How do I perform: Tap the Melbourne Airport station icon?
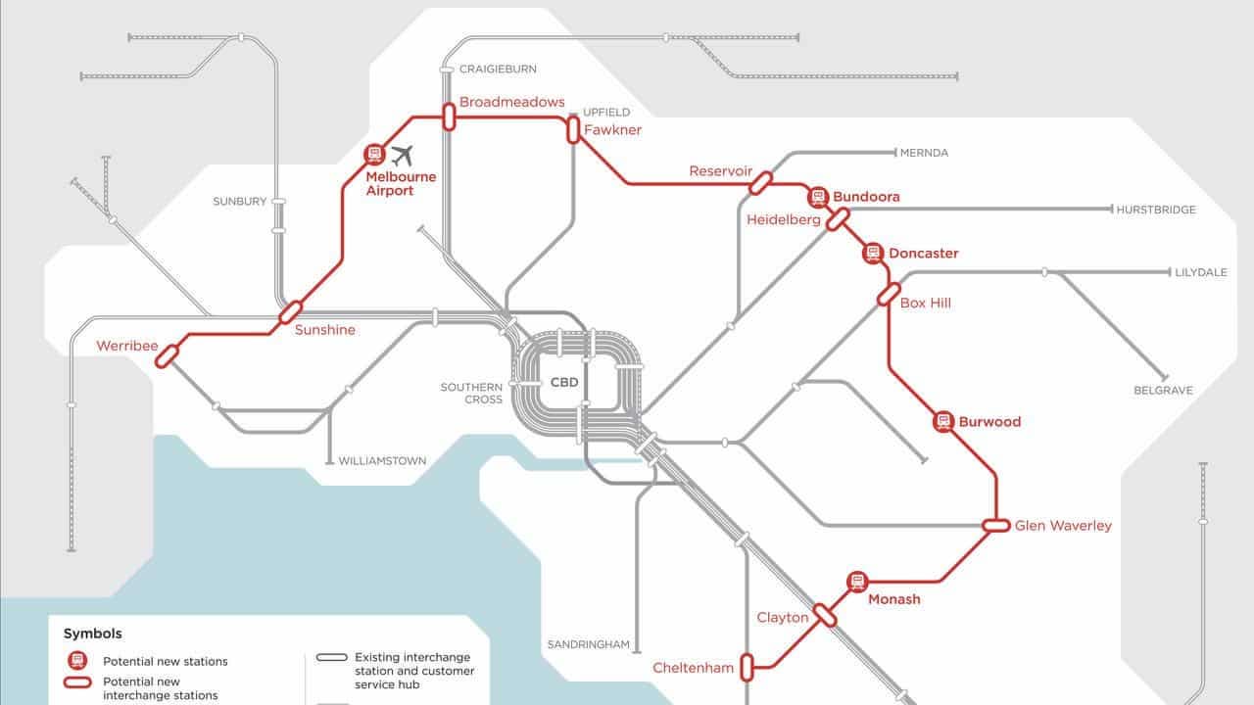373,154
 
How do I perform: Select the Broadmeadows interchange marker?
449,117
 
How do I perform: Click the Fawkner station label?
612,130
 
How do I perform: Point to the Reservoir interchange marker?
760,182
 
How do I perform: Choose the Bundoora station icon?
816,197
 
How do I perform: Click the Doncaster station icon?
873,254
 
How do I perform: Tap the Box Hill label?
925,304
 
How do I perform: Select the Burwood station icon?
942,422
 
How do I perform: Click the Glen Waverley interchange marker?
996,526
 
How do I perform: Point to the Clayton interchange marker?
825,615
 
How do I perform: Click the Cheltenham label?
693,668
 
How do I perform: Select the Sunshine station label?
324,330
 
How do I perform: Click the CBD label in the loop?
564,383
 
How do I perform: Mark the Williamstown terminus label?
382,460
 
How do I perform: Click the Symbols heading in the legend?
93,634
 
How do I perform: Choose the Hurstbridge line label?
1157,210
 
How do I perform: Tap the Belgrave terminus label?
1163,390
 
